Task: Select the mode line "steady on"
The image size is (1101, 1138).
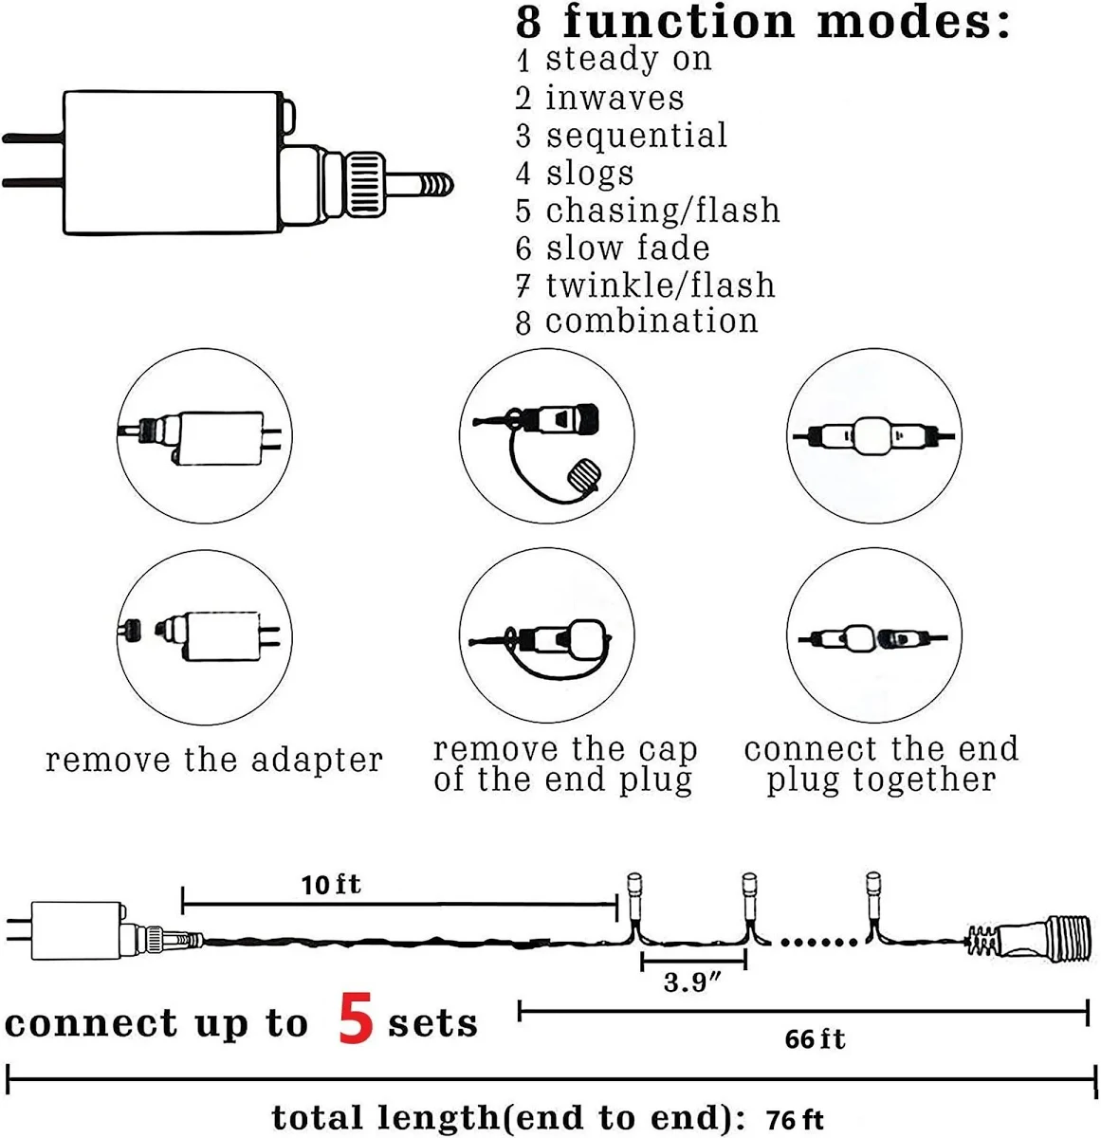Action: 627,60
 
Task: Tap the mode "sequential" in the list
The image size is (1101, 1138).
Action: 635,136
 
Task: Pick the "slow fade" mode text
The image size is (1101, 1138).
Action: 627,248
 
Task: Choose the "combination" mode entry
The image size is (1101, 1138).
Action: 651,321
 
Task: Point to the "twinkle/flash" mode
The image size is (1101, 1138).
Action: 659,285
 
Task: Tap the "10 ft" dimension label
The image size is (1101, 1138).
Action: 331,885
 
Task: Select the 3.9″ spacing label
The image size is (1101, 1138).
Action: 692,982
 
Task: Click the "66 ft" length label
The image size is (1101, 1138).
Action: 815,1039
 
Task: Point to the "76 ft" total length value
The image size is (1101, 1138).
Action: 795,1119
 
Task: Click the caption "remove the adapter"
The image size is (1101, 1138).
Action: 214,761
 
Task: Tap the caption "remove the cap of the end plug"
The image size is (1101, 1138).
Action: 565,764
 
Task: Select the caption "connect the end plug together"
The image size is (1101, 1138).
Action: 881,764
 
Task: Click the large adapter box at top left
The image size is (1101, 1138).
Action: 174,162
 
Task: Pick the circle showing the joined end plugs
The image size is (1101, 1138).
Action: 873,437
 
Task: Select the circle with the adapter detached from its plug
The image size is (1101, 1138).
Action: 205,636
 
